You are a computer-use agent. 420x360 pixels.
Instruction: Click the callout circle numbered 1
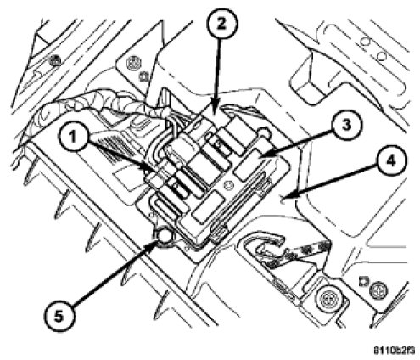73,138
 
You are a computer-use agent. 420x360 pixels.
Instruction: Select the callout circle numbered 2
221,24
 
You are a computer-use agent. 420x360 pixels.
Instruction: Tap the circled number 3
347,125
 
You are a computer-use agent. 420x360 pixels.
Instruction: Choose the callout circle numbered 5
59,317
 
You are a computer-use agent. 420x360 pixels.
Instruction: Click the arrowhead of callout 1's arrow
151,170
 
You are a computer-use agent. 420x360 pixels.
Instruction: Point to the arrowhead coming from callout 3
261,156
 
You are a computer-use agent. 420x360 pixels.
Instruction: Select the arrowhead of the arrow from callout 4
283,197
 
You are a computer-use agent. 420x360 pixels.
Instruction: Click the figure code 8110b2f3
394,351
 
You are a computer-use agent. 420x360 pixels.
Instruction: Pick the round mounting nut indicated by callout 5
165,236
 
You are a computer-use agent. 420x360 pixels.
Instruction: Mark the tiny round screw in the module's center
227,186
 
